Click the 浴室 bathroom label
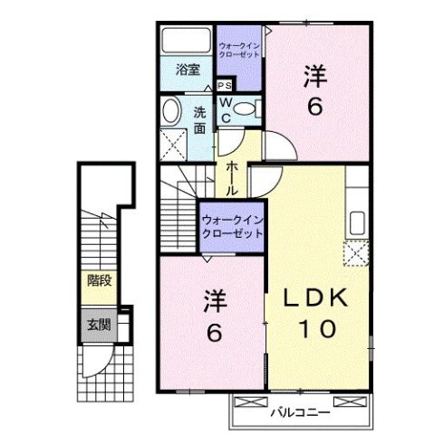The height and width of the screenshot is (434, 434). click(x=188, y=69)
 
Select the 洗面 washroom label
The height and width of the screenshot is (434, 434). click(x=201, y=120)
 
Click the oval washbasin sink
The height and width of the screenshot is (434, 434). click(x=170, y=111)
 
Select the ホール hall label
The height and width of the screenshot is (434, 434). click(x=233, y=173)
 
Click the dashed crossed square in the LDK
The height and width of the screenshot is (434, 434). click(x=356, y=253)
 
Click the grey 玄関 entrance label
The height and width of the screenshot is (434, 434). click(x=99, y=325)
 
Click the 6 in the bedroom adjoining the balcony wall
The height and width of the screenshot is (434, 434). click(x=214, y=332)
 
